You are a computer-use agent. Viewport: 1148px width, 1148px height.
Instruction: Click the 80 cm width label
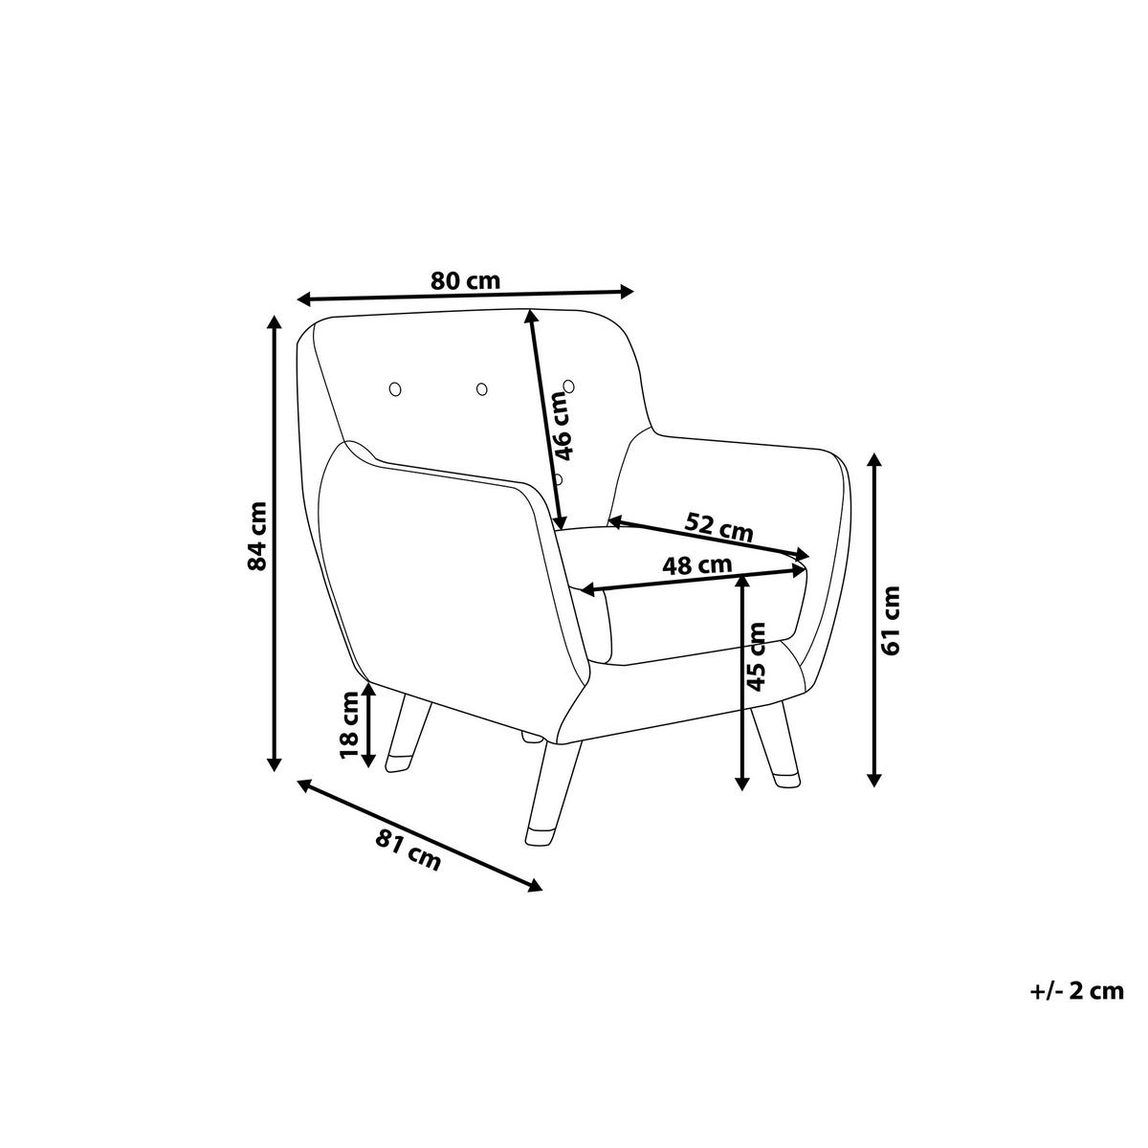tap(465, 280)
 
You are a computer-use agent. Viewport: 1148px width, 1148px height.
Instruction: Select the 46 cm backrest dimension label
tap(563, 426)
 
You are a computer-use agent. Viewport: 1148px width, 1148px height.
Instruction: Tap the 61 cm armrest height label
tap(891, 621)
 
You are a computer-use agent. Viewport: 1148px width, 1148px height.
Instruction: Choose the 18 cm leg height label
tap(349, 725)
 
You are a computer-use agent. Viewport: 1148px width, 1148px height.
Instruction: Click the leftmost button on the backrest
tap(394, 389)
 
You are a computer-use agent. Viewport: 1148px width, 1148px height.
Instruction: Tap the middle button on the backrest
tap(481, 389)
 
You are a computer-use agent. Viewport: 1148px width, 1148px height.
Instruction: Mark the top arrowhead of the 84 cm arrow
tap(274, 322)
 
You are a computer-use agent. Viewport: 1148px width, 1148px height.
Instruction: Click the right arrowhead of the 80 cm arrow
tap(625, 291)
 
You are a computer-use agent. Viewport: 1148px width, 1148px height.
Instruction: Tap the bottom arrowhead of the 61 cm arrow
tap(874, 779)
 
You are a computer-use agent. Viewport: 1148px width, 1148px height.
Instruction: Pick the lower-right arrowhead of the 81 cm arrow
tap(535, 902)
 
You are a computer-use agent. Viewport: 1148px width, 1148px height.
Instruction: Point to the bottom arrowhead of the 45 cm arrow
tap(741, 783)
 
